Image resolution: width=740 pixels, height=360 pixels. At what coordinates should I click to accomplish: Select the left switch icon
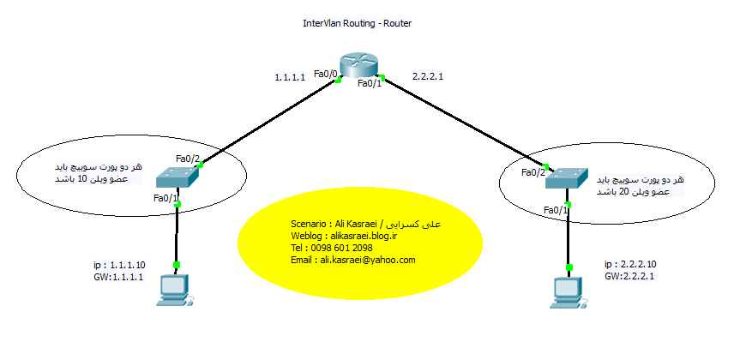point(178,177)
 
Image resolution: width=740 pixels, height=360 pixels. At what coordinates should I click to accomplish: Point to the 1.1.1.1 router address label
point(291,78)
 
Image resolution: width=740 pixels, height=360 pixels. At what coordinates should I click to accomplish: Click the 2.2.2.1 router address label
point(428,76)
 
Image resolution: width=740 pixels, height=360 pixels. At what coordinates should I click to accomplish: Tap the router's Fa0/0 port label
point(326,74)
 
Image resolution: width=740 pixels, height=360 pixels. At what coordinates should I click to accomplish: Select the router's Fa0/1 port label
point(370,84)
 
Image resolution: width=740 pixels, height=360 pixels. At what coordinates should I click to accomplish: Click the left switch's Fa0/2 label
point(188,159)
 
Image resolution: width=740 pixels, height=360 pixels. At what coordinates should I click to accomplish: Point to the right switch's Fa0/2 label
point(533,172)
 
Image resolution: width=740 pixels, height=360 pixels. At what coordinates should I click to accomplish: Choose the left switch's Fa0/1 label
point(165,199)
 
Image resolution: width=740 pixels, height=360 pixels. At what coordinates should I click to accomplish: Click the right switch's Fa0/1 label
point(555,209)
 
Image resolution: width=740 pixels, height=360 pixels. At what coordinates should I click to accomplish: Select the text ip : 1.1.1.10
point(121,266)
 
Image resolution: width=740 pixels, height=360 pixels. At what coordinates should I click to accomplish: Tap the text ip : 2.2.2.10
point(630,264)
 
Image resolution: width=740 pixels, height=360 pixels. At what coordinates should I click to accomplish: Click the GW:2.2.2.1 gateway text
point(630,277)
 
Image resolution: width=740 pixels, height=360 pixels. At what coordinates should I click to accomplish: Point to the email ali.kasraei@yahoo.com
point(353,260)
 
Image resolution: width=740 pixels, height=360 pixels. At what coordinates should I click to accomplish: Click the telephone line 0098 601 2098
point(332,248)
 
